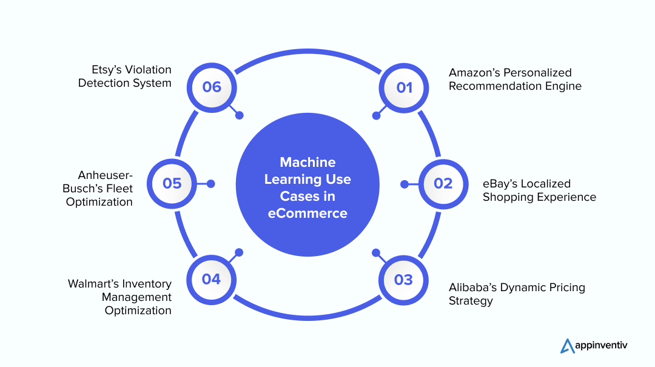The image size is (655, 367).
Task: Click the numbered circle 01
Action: click(404, 87)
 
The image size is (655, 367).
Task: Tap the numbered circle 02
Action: click(443, 183)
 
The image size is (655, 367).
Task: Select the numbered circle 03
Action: click(403, 280)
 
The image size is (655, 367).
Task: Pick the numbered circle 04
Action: click(211, 279)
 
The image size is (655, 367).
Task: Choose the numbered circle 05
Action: click(172, 183)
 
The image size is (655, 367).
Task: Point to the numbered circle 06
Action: click(212, 87)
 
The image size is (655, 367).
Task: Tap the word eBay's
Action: click(499, 183)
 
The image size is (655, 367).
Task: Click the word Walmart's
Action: click(93, 283)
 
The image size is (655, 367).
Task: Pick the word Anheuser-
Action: click(106, 175)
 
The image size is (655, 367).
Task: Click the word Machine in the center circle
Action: click(307, 163)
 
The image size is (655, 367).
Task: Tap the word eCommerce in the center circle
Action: click(307, 214)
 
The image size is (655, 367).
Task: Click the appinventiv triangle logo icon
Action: click(568, 345)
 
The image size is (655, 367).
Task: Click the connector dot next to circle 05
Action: click(211, 183)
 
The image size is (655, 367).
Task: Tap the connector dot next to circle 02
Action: click(405, 183)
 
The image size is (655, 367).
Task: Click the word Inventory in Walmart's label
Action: click(147, 283)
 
